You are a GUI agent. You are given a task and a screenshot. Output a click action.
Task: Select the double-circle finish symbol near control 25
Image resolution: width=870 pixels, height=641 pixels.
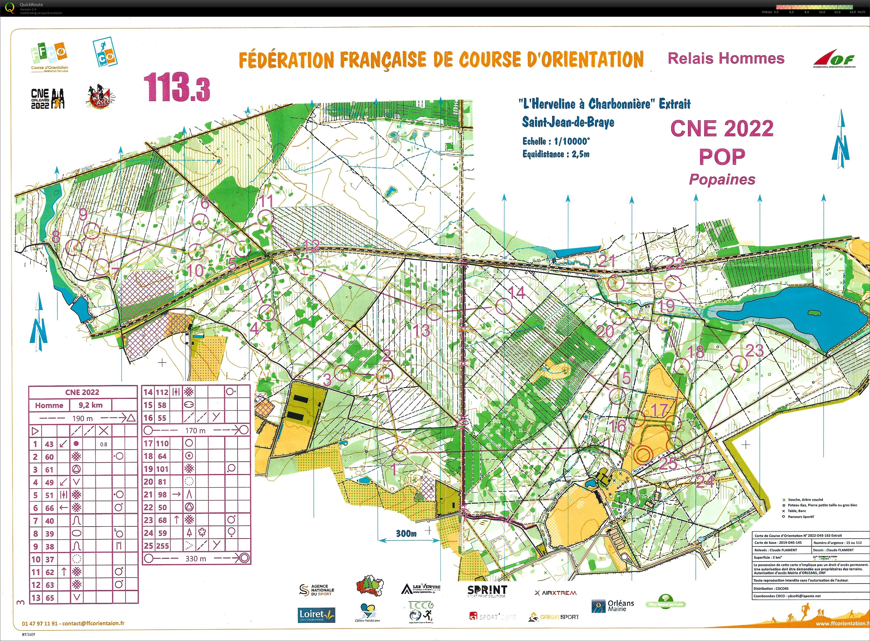pyautogui.click(x=643, y=454)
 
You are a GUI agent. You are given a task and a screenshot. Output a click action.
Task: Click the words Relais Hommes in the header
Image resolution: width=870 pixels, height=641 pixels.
pyautogui.click(x=726, y=58)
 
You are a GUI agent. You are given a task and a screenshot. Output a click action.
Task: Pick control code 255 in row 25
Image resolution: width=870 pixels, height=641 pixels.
pyautogui.click(x=162, y=546)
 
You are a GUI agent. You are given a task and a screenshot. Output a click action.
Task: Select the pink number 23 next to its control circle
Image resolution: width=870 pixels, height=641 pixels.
pyautogui.click(x=754, y=351)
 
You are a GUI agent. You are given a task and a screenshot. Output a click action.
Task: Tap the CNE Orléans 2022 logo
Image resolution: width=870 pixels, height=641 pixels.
pyautogui.click(x=47, y=98)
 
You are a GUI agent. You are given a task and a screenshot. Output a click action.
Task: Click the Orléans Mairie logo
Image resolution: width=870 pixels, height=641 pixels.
pyautogui.click(x=613, y=606)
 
